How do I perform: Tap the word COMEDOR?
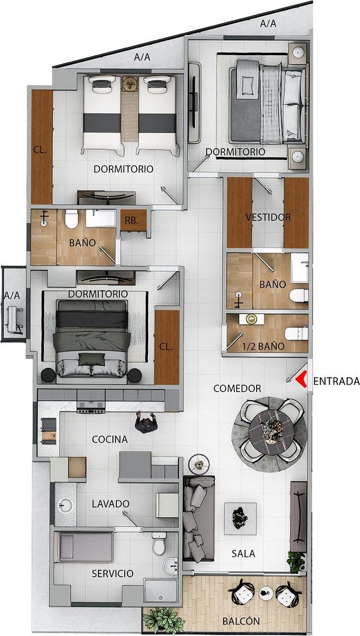pos(237,388)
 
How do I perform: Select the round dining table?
pos(269,433)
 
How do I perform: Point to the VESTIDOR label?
pos(268,217)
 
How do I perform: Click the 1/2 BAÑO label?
pos(263,347)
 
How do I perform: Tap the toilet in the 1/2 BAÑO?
pos(296,333)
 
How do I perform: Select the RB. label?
pos(131,220)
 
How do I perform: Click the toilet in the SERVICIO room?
pos(159,543)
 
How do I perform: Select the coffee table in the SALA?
pos(240,516)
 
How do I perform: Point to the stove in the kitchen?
pos(91,407)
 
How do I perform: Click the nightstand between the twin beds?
pos(130,84)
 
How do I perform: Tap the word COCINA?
pos(110,439)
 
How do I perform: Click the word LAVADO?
pos(110,503)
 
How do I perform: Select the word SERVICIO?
pos(112,573)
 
